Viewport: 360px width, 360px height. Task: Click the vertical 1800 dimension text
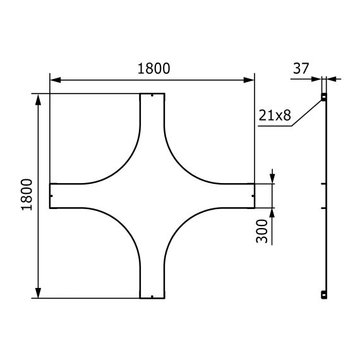(x=27, y=195)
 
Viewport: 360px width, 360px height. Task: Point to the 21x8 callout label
(x=275, y=115)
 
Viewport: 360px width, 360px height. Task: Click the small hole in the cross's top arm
(x=152, y=97)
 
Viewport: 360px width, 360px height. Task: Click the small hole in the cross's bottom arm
(x=152, y=295)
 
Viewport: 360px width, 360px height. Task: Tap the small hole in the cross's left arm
(x=52, y=196)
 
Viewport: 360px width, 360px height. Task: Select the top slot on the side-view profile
(x=323, y=97)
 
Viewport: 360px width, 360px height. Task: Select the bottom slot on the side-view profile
(x=323, y=294)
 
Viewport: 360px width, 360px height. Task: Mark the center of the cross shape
(x=152, y=196)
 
